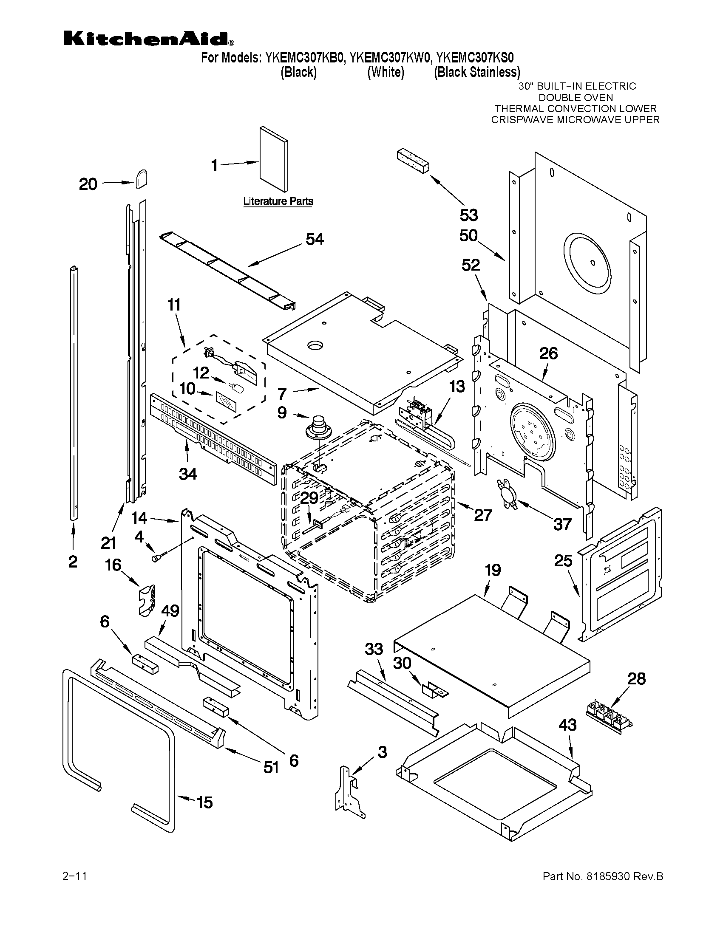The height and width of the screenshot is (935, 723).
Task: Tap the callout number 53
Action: [x=468, y=215]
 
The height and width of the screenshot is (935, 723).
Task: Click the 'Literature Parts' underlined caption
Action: [x=278, y=201]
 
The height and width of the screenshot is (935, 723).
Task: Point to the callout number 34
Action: [x=187, y=474]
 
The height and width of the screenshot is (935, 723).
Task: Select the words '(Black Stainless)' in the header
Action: [x=477, y=72]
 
